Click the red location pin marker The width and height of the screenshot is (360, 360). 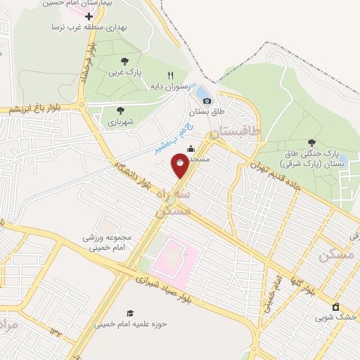(x=181, y=165)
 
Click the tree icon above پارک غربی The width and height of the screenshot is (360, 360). (x=125, y=61)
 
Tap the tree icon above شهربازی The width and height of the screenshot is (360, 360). (x=120, y=110)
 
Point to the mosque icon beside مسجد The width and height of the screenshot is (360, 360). (x=191, y=149)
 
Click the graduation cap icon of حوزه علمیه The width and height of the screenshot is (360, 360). (x=129, y=313)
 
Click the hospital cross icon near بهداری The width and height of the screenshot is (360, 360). (x=89, y=15)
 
